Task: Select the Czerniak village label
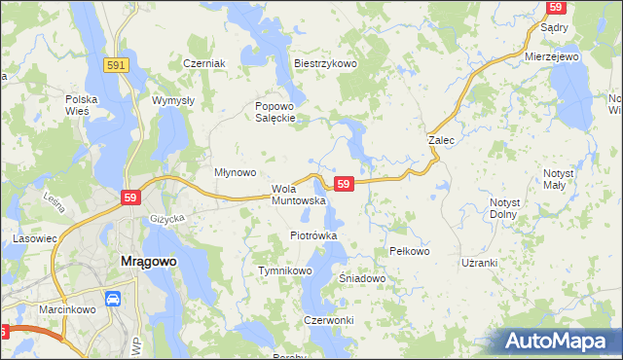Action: (x=204, y=64)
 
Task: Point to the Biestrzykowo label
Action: (x=326, y=64)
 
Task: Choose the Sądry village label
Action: (x=554, y=29)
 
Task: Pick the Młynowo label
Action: (x=235, y=173)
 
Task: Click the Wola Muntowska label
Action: (x=291, y=195)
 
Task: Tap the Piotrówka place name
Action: (x=313, y=235)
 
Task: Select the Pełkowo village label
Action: (x=409, y=251)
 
